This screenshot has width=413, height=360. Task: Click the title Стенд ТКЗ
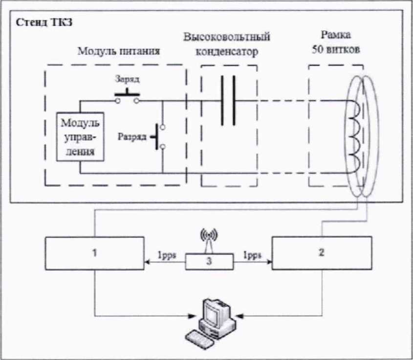44,22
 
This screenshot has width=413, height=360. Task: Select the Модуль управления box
80,137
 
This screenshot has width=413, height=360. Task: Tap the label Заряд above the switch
127,79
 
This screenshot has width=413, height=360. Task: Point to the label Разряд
131,137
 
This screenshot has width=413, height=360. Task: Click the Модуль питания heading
119,51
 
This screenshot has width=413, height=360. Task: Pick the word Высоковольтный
227,37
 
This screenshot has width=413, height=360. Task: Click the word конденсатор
227,51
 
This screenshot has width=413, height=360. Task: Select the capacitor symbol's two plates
228,101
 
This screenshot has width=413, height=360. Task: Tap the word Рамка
336,35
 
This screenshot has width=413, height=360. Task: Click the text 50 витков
336,49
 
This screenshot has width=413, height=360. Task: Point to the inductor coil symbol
354,137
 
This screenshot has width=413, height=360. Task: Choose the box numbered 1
95,254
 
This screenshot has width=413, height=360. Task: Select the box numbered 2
322,253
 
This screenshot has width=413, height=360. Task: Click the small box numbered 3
209,262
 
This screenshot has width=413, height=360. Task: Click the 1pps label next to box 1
167,255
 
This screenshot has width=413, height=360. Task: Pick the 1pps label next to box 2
252,255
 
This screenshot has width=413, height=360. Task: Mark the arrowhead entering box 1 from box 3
147,262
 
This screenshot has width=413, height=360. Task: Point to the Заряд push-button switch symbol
127,96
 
